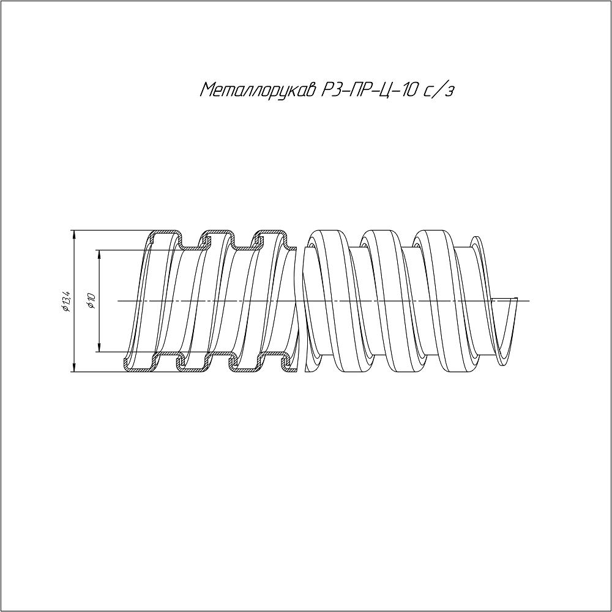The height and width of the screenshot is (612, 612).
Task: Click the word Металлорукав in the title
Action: (x=257, y=91)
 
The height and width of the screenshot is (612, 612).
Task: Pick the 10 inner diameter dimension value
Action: (x=91, y=299)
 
